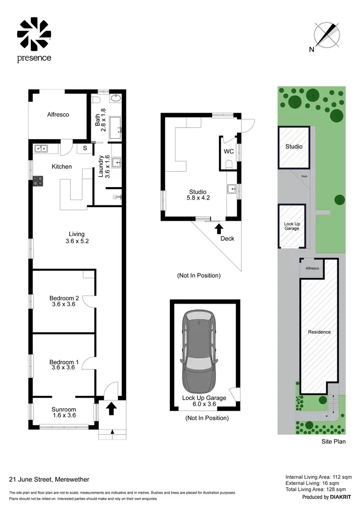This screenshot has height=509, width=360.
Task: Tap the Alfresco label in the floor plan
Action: coord(58,115)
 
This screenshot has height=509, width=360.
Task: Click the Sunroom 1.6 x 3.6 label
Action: coord(64,413)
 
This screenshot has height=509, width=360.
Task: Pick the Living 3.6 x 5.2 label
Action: coord(77,238)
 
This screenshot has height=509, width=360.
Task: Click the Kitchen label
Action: coord(62,166)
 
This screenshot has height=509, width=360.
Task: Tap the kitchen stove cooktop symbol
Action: coord(37,181)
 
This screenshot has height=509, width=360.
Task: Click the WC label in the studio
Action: coord(228,151)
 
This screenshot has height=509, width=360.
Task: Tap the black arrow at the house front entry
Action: coord(111,408)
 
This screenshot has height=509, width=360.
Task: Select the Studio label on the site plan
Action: coord(294,146)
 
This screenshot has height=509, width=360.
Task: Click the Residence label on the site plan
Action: coord(319,332)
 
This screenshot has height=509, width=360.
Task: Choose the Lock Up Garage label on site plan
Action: coord(291,226)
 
